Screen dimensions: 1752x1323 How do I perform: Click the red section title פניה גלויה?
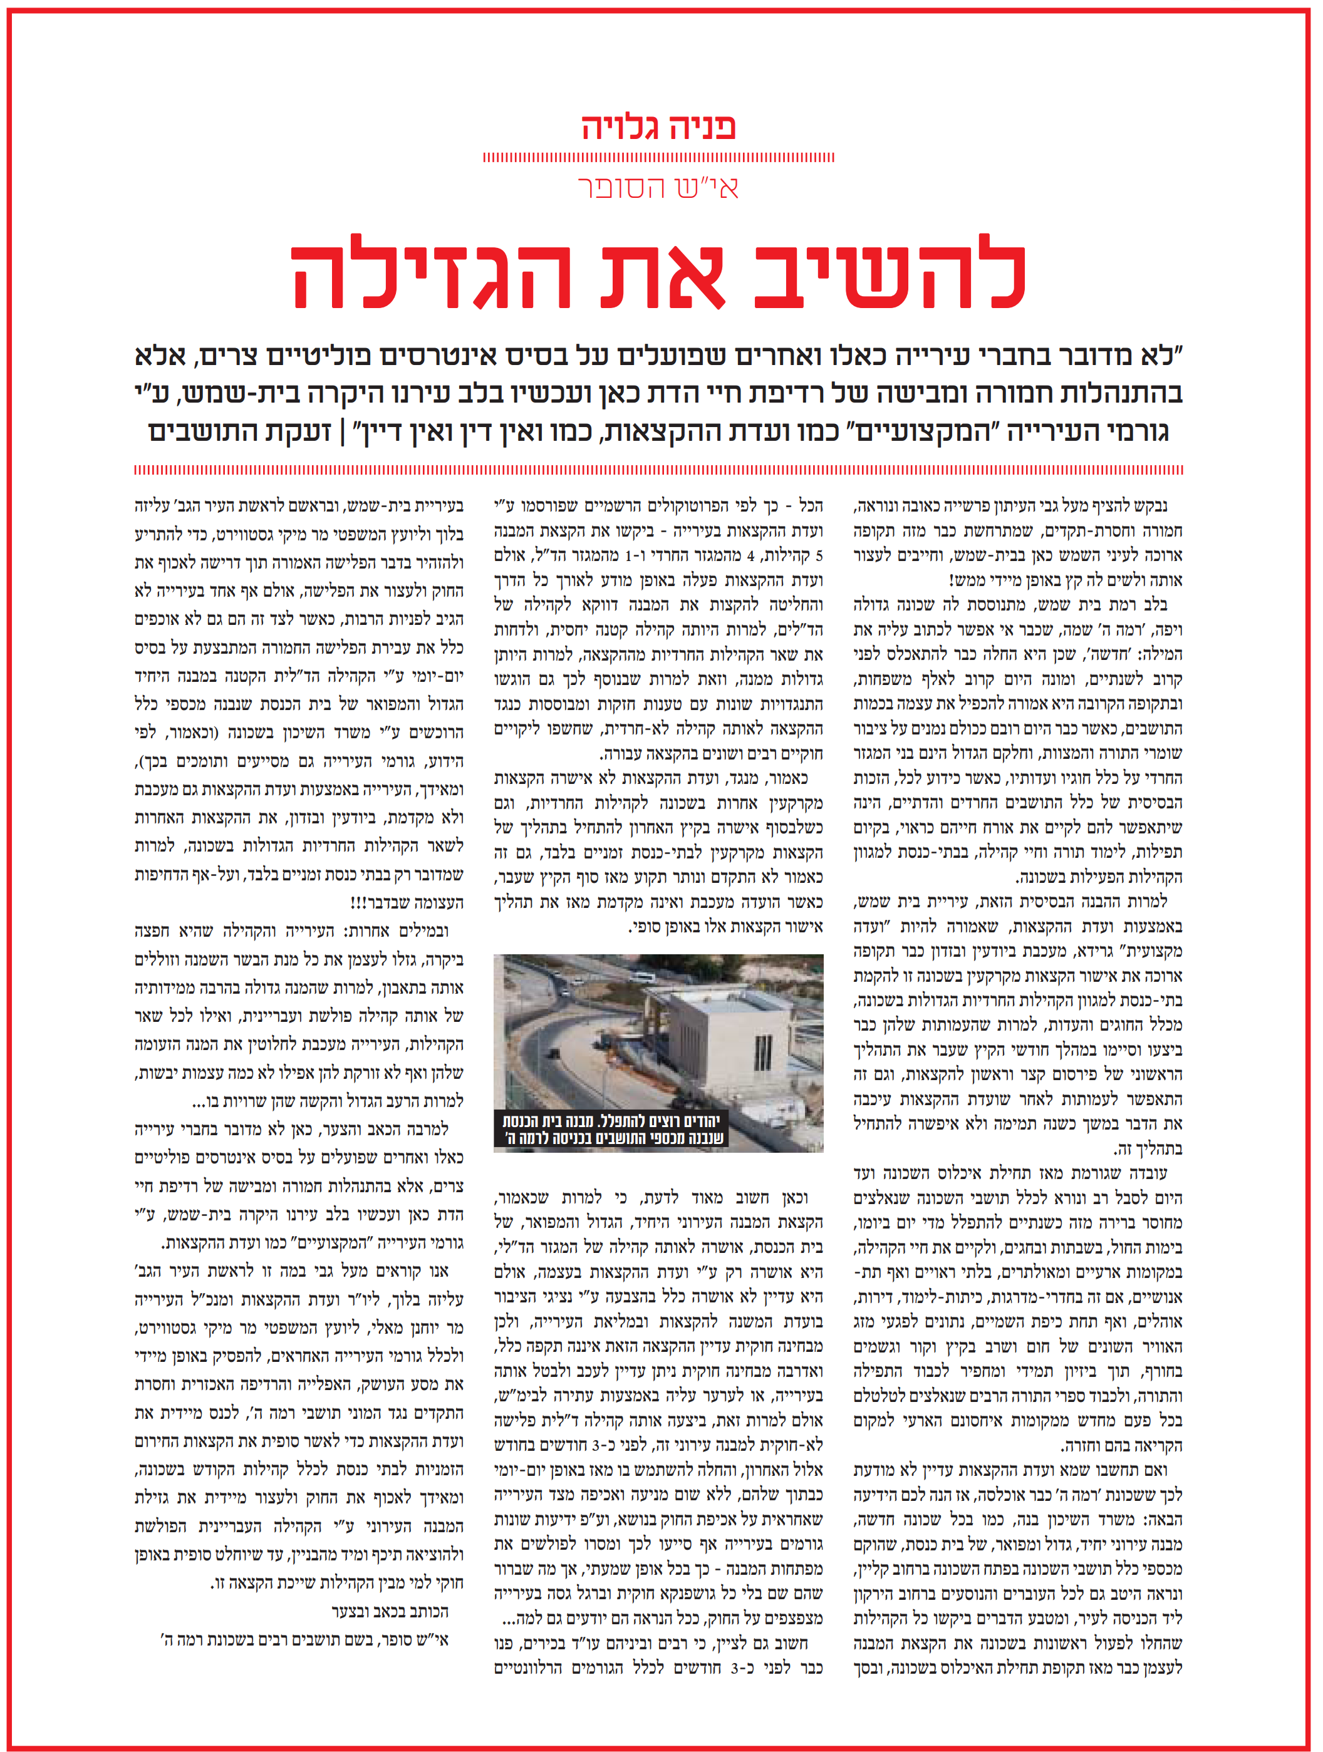[659, 126]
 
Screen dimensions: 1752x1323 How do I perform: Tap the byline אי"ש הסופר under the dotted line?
[659, 188]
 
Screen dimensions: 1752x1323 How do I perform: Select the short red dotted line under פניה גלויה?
[659, 158]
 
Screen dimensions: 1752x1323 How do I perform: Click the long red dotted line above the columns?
[659, 470]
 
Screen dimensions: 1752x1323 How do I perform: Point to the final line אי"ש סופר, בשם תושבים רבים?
[304, 1639]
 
